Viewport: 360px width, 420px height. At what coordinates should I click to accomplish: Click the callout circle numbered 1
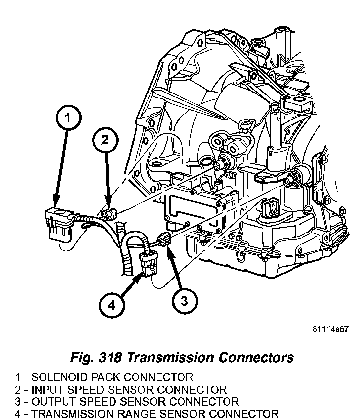68,117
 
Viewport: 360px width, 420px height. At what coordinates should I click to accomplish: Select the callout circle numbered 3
184,301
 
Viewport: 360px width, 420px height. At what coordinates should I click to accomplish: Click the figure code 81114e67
330,330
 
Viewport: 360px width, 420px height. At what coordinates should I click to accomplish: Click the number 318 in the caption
112,357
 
